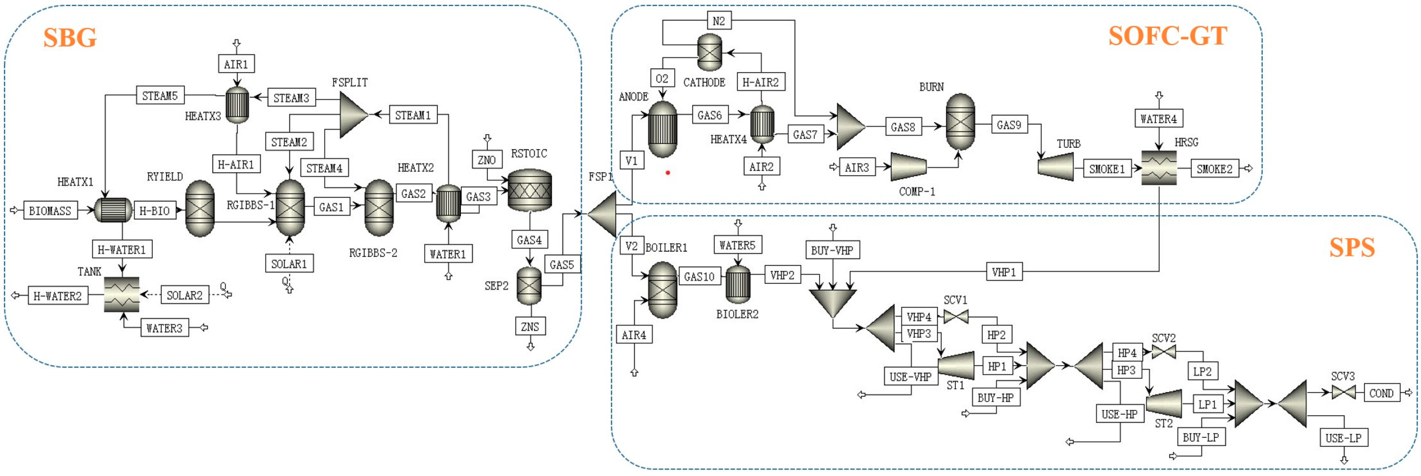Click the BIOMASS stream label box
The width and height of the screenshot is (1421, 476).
pos(50,211)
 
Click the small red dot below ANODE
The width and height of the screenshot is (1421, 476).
pos(667,173)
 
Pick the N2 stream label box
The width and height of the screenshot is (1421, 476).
pos(718,21)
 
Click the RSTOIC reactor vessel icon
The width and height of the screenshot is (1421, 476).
pos(529,190)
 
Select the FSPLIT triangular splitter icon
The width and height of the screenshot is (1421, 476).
pos(352,115)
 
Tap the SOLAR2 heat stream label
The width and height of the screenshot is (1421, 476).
pos(184,295)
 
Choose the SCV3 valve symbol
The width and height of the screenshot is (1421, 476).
pos(1343,392)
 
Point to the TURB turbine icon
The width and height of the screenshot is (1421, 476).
pos(1056,166)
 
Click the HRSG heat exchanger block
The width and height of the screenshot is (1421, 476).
pos(1158,168)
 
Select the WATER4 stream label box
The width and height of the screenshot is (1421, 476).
pos(1158,119)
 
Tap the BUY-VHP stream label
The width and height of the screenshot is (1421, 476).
pos(832,250)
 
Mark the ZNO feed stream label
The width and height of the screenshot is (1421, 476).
pos(487,160)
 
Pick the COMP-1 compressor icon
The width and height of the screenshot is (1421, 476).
pos(908,166)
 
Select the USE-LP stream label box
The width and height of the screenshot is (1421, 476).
pos(1343,438)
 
